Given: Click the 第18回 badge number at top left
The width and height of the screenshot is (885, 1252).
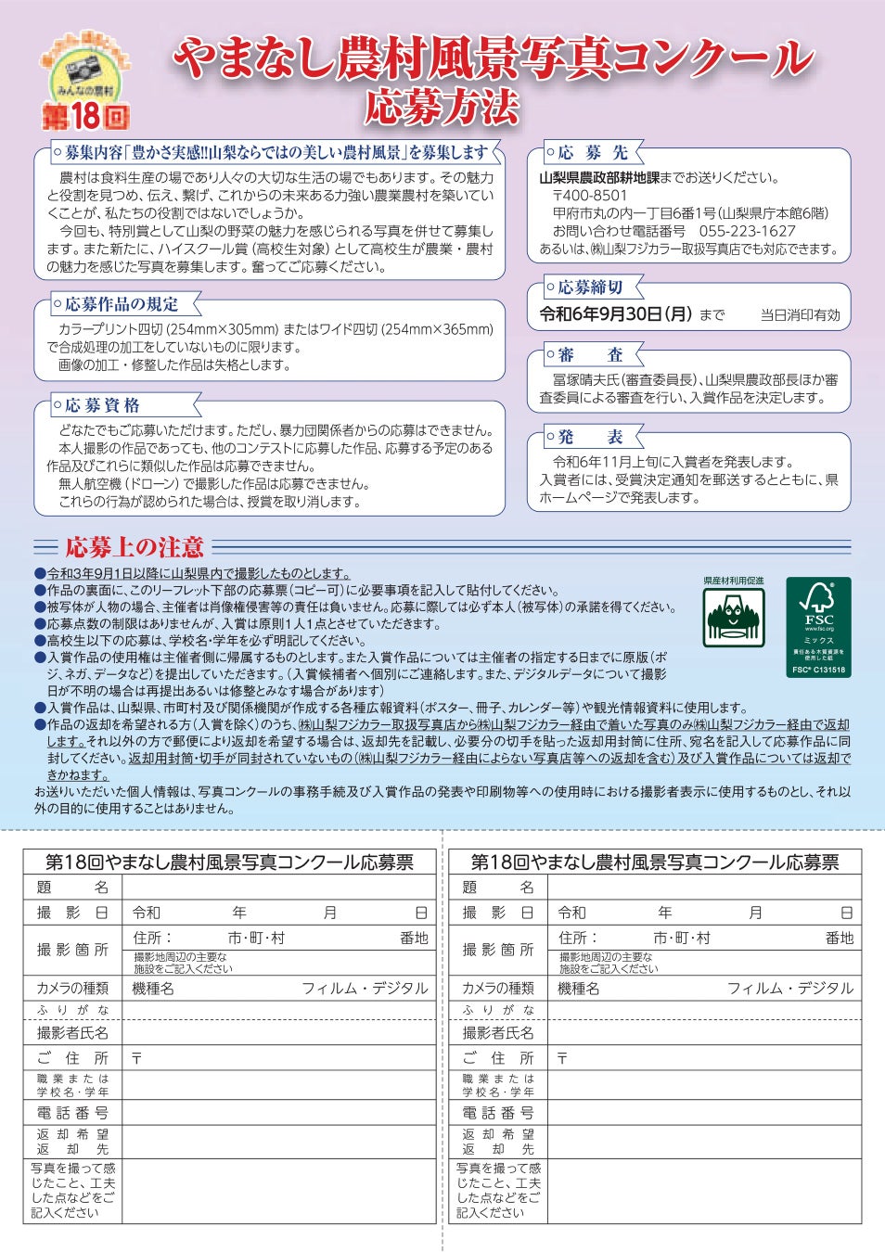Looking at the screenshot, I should pos(85,116).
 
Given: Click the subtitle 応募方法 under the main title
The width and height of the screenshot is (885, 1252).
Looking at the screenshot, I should pos(442,107).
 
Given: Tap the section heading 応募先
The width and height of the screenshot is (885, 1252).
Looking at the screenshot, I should pos(593,153).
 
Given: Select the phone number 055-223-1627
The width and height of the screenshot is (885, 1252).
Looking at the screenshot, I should pos(747,231).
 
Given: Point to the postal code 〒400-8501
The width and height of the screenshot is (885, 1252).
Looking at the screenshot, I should pos(589,196).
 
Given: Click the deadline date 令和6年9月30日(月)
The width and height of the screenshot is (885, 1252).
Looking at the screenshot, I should pos(616,314).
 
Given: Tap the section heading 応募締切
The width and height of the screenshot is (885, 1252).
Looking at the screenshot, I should pos(590,287).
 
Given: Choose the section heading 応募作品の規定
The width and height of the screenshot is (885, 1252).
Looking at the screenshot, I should pos(122,304).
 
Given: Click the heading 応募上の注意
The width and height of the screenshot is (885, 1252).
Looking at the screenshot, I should pos(135,547).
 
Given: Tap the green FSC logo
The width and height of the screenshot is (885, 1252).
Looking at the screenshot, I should pos(818,626).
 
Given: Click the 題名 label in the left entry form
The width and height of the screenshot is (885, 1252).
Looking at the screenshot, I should pos(72,887).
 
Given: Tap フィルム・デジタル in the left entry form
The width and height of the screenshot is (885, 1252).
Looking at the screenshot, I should pos(365,989).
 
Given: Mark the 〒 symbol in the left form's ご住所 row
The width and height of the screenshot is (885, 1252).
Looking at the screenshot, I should pos(136,1058).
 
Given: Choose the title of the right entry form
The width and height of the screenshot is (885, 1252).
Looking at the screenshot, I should pos(654,862).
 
